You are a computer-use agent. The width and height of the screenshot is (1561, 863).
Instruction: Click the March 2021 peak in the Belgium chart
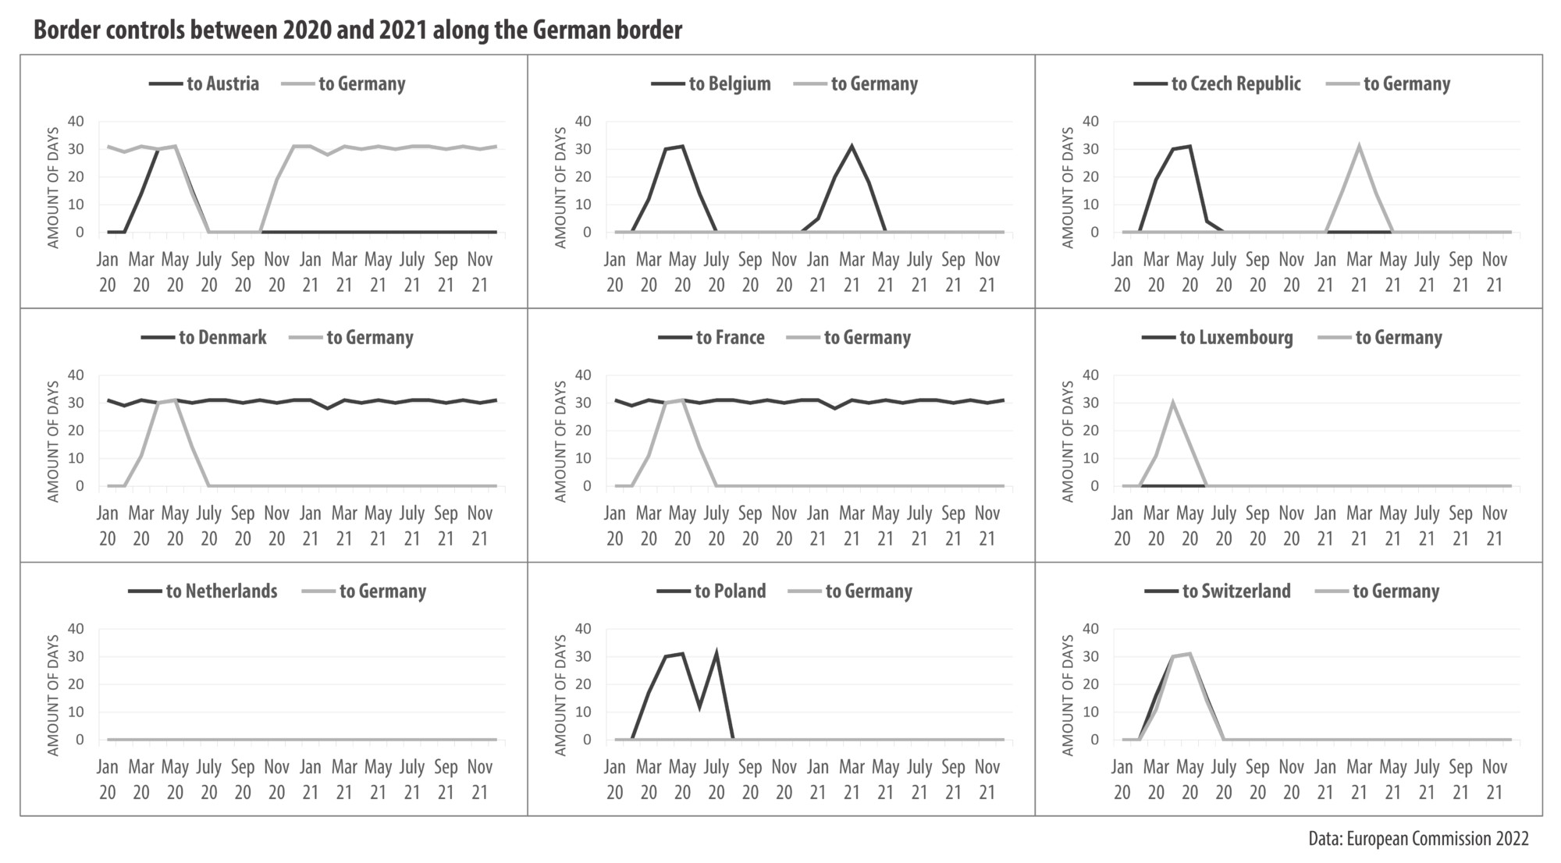point(852,146)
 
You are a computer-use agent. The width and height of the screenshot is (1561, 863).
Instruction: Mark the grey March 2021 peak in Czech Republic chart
point(1359,146)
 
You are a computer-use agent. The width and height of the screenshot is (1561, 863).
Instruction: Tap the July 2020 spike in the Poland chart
point(716,654)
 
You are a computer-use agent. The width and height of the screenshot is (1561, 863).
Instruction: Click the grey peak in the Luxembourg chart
point(1172,403)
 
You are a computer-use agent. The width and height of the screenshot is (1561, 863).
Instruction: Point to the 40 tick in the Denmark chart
point(76,375)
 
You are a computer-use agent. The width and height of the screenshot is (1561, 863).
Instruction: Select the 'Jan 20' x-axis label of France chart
point(615,525)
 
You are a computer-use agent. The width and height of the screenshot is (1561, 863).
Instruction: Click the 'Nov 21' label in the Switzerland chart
point(1494,779)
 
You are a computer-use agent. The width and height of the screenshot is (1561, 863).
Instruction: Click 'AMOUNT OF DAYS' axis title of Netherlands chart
point(53,694)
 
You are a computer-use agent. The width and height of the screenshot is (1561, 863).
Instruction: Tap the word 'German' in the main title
point(570,30)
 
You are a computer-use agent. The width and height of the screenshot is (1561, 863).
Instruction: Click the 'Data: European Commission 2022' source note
point(1418,840)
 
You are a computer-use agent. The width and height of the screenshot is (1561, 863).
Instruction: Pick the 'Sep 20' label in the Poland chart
point(750,779)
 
